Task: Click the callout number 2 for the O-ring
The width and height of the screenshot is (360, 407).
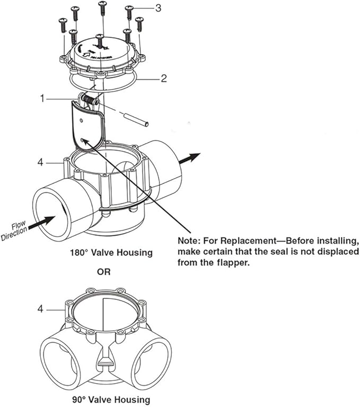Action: [164, 78]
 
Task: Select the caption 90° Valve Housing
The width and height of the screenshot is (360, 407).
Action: [112, 399]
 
